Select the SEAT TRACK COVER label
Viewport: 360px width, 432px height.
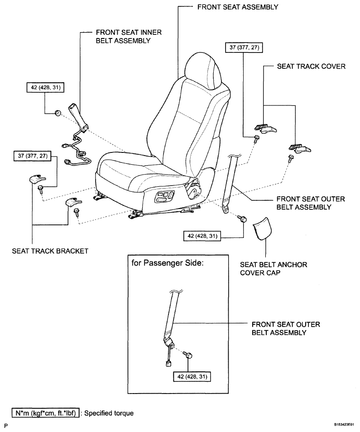click(x=311, y=66)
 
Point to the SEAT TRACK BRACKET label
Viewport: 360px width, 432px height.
click(x=50, y=251)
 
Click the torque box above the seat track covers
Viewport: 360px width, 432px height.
click(x=244, y=47)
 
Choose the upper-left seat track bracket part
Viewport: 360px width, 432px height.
click(x=35, y=179)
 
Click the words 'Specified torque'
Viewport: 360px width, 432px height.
click(x=109, y=413)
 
